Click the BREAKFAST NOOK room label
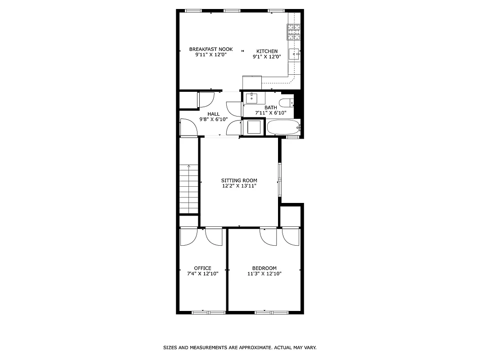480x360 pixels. tap(211, 49)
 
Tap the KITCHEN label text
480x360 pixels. tap(267, 51)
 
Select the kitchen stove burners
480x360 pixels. tap(294, 32)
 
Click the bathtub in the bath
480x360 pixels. tap(283, 127)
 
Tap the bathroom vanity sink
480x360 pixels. tap(252, 98)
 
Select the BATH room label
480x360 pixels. tap(270, 108)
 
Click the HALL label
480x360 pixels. tap(213, 114)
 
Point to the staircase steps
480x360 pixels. tap(188, 189)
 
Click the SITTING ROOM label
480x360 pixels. tap(239, 180)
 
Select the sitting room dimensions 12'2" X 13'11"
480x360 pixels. tap(239, 186)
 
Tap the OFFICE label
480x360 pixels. tap(202, 268)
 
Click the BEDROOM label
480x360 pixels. tap(264, 268)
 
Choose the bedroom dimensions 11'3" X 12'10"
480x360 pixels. tap(264, 274)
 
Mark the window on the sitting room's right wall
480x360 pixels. tap(280, 180)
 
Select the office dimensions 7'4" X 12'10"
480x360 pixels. tap(202, 274)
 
